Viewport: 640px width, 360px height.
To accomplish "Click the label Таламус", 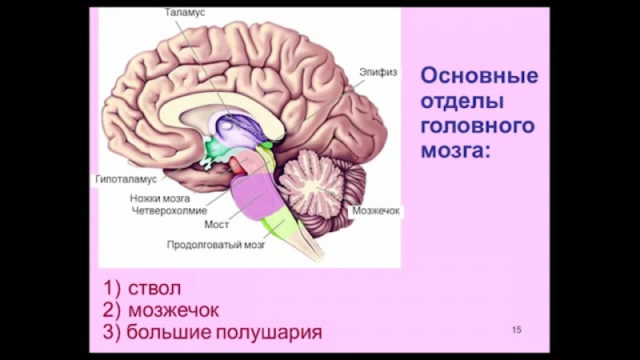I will [186, 14].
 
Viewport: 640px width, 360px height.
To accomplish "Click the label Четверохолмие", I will [163, 210].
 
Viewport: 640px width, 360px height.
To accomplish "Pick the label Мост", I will [217, 225].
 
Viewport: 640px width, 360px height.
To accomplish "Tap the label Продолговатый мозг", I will [216, 246].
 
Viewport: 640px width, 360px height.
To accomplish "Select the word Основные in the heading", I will [479, 77].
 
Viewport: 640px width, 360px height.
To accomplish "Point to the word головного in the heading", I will [477, 127].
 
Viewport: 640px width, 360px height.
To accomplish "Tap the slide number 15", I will [516, 330].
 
